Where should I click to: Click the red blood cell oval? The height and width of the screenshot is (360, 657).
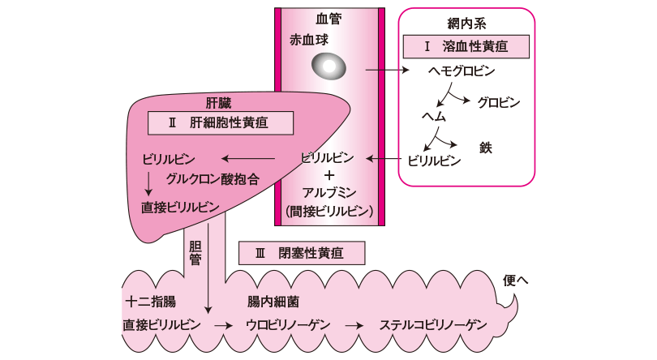[328, 66]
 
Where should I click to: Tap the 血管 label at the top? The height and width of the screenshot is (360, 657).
[328, 18]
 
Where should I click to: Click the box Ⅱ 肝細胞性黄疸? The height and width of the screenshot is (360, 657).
[220, 123]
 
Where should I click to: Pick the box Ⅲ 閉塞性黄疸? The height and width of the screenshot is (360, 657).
[300, 253]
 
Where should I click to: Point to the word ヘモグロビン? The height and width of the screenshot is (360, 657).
[461, 71]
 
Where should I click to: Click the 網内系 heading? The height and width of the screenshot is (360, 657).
[465, 23]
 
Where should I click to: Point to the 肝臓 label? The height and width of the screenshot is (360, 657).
[221, 103]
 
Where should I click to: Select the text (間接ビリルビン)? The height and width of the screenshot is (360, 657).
[328, 212]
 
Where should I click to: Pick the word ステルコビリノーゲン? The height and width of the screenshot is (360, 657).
[433, 325]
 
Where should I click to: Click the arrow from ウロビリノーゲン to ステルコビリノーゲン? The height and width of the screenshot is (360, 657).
[353, 325]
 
